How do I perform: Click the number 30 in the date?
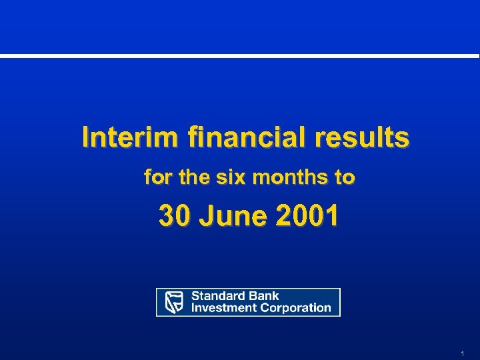click(173, 216)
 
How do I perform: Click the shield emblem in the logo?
click(174, 302)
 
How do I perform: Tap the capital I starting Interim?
click(85, 138)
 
